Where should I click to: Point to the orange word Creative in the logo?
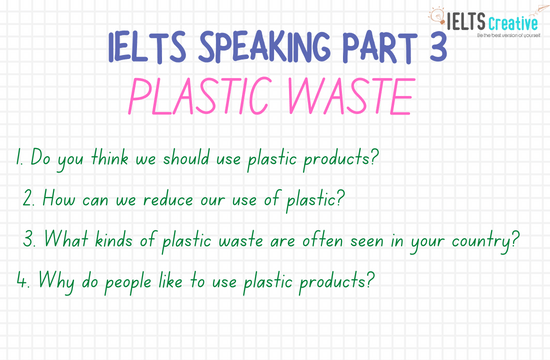[508, 16]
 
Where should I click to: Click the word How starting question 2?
[55, 198]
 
